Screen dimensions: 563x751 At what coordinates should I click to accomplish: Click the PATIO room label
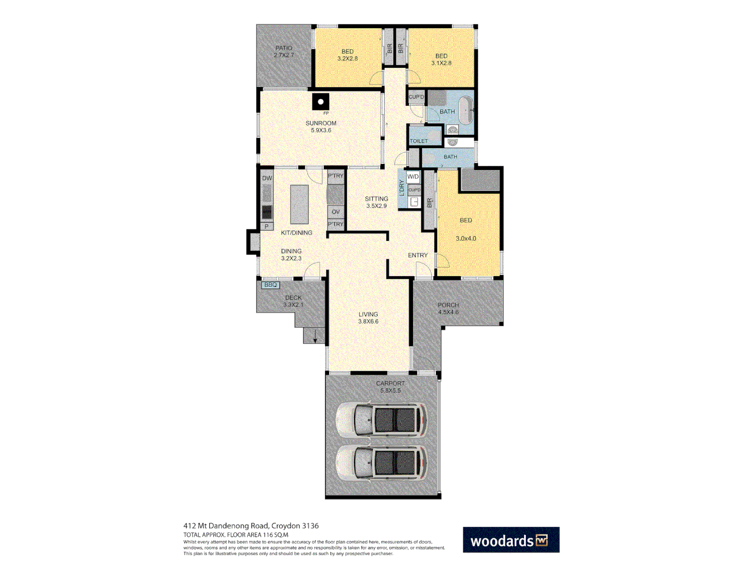[x=284, y=48]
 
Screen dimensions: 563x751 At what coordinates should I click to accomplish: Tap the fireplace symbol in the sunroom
[x=321, y=102]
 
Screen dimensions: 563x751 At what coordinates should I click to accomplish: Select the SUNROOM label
[x=321, y=124]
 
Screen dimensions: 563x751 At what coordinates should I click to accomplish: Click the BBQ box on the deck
[x=271, y=285]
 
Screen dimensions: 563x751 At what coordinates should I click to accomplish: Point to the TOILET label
[x=418, y=141]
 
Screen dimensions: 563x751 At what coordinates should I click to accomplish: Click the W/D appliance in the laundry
[x=413, y=177]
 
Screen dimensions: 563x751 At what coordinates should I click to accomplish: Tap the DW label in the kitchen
[x=267, y=178]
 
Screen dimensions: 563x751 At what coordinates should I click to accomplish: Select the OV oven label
[x=336, y=212]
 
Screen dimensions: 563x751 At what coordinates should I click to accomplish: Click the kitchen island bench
[x=299, y=204]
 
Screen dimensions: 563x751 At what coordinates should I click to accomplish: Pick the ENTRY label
[x=418, y=255]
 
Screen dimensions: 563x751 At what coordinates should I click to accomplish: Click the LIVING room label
[x=368, y=314]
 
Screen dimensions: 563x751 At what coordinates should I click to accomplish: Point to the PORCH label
[x=449, y=305]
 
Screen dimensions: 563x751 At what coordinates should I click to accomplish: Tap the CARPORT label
[x=390, y=383]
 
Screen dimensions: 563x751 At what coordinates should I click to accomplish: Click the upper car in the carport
[x=381, y=420]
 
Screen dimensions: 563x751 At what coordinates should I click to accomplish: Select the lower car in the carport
[x=381, y=463]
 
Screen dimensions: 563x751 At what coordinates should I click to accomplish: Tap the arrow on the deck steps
[x=315, y=337]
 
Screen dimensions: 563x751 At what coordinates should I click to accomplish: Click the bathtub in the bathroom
[x=466, y=110]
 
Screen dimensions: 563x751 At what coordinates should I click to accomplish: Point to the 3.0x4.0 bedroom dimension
[x=466, y=239]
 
